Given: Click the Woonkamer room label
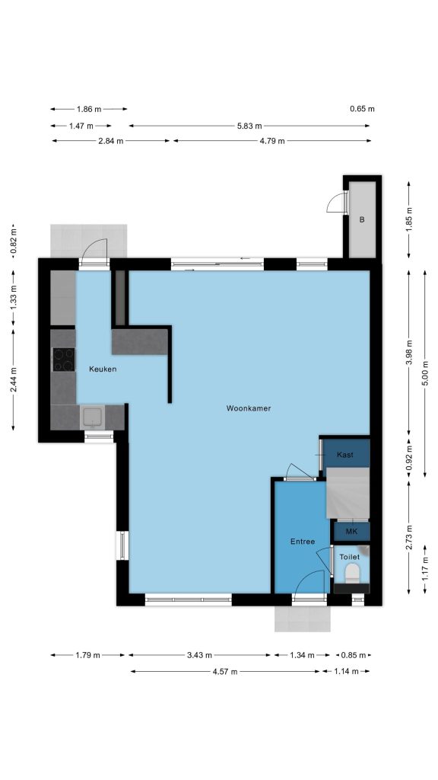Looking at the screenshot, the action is (249, 408).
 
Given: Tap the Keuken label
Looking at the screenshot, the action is (103, 369).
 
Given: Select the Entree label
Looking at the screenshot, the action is (303, 542).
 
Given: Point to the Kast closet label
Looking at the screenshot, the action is (344, 455).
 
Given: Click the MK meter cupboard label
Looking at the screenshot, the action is (351, 532).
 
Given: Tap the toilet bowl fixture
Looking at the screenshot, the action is (352, 573).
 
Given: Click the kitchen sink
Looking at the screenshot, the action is (92, 417).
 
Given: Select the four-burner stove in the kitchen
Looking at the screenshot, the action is (64, 360).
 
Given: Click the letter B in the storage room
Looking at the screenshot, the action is (362, 219).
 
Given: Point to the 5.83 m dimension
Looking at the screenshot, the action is (249, 126).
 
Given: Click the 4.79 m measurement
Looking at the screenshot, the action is (273, 141).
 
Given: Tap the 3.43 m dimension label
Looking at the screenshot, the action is (200, 655).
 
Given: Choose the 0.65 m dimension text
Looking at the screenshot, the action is (362, 109).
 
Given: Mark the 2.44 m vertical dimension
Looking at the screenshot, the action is (14, 379).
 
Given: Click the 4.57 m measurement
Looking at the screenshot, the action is (225, 672).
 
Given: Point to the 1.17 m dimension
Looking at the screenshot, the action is (425, 568).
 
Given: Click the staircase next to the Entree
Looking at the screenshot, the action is (348, 494).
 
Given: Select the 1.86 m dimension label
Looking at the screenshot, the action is (89, 109).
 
